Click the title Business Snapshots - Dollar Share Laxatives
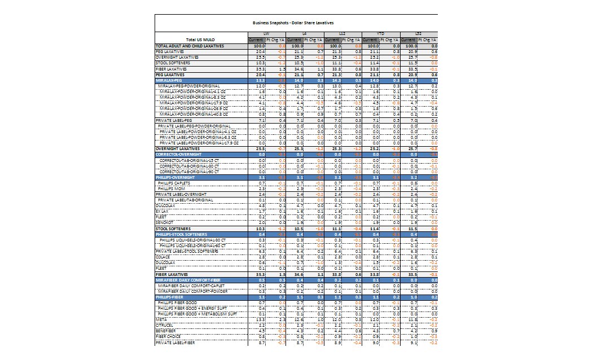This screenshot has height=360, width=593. pyautogui.click(x=293, y=23)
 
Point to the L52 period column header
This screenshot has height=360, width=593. pyautogui.click(x=419, y=34)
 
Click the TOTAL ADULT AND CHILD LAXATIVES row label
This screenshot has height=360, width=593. pyautogui.click(x=190, y=46)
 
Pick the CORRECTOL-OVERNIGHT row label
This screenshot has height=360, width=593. pyautogui.click(x=179, y=153)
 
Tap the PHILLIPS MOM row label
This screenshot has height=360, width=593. pyautogui.click(x=172, y=188)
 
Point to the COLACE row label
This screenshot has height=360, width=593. pyautogui.click(x=162, y=257)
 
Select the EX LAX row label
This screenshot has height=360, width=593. pyautogui.click(x=162, y=211)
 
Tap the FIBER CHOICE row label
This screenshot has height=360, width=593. pyautogui.click(x=167, y=336)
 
